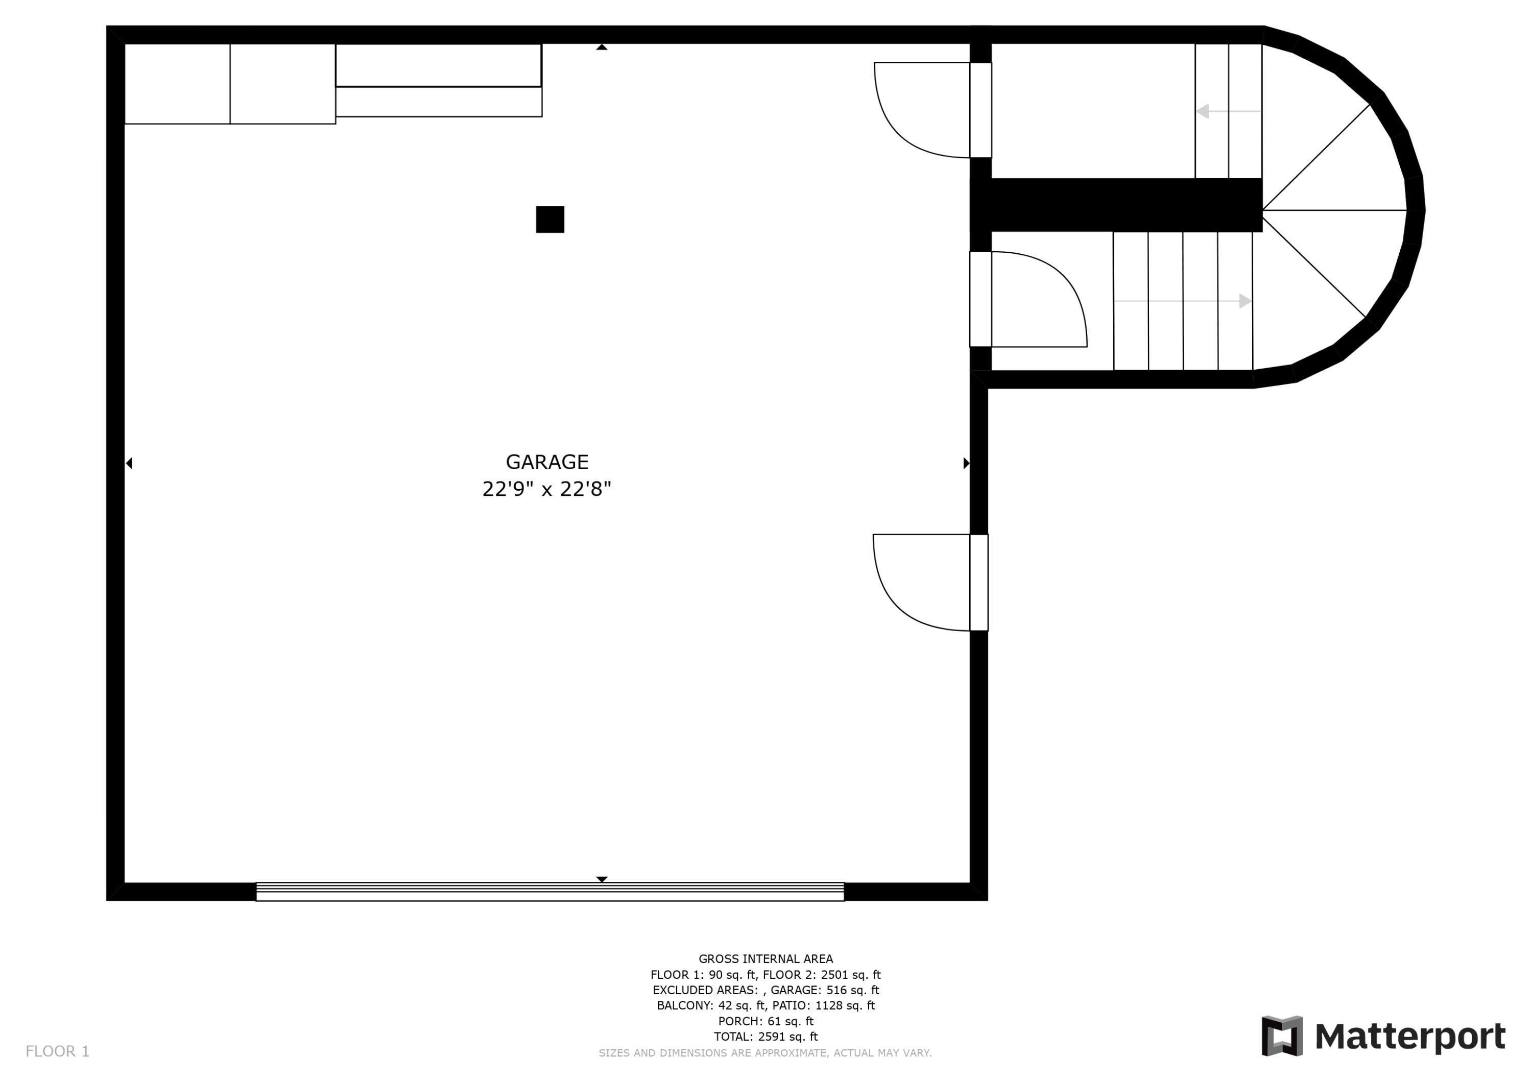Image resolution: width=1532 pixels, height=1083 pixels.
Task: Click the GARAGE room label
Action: (x=546, y=462)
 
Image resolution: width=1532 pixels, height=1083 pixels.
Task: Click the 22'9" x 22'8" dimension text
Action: (x=546, y=489)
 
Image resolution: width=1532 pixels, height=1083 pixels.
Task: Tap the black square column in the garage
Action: (x=550, y=220)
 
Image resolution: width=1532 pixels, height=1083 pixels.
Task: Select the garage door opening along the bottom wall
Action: (x=550, y=892)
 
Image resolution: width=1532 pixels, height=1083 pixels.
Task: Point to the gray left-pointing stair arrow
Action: (x=1203, y=111)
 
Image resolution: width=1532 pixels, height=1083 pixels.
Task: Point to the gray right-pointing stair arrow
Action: (x=1245, y=301)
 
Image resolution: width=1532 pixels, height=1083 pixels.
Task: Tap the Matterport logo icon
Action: (x=1282, y=1036)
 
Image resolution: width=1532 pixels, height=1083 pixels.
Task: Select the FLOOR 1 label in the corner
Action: (x=57, y=1051)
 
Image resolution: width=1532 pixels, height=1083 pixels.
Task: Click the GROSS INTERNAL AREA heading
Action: (x=765, y=959)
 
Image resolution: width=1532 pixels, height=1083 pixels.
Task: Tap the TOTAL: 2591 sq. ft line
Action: (x=765, y=1037)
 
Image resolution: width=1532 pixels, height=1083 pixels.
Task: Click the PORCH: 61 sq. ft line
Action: (x=765, y=1021)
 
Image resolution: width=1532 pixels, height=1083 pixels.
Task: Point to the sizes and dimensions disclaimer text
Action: (x=765, y=1053)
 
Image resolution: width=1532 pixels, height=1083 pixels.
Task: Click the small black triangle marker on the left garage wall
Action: (x=129, y=463)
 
